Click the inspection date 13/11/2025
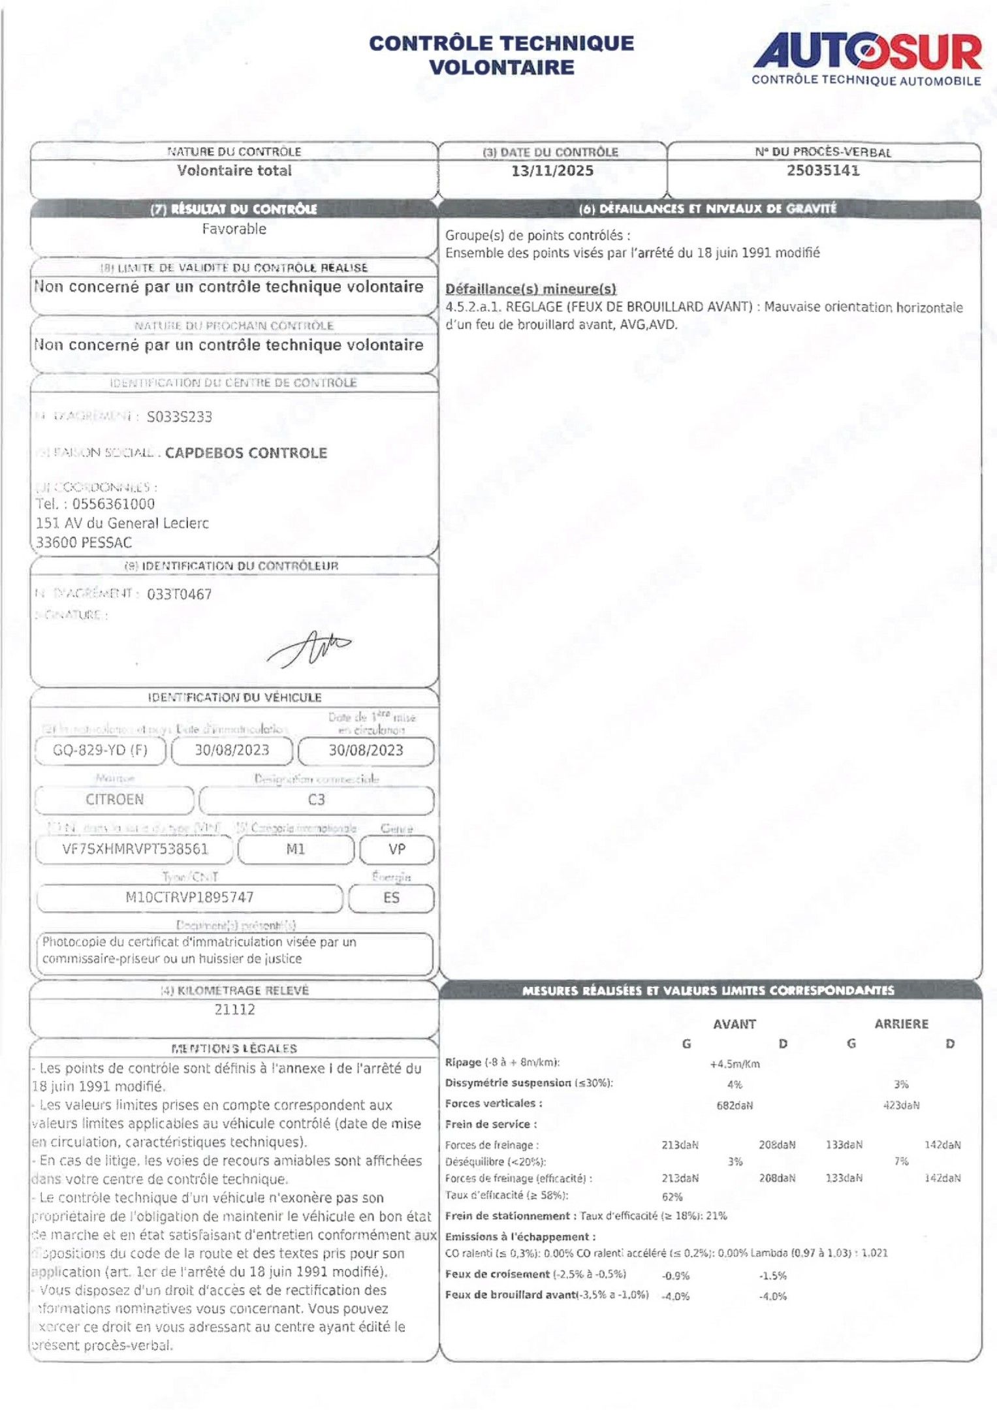pos(552,171)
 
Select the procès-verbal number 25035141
pos(823,171)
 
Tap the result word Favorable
pos(234,229)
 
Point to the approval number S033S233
pos(180,417)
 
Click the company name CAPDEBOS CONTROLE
pos(245,453)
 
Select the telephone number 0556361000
pos(114,504)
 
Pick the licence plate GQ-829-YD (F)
pos(101,750)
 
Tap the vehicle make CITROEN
pos(114,800)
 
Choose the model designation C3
pos(316,800)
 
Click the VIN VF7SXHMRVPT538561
pos(135,849)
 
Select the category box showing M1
pos(296,849)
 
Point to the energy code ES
pos(391,898)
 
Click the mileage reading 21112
pos(234,1009)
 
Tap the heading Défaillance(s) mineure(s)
pos(531,289)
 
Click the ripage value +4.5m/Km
pos(735,1064)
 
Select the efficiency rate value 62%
pos(672,1197)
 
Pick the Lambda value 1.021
pos(874,1253)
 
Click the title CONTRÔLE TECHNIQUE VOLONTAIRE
pos(501,55)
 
